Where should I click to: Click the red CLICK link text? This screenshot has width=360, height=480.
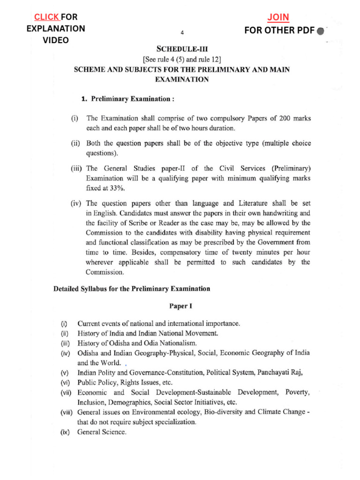coord(46,17)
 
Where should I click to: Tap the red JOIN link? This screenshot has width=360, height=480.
coord(278,18)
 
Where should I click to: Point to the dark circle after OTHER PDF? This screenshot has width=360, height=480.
coord(320,31)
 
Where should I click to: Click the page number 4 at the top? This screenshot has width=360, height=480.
coord(182,32)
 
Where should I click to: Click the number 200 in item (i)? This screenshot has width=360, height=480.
coord(286,118)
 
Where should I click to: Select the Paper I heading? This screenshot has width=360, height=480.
coord(181,306)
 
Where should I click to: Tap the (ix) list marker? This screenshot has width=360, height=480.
coord(65,432)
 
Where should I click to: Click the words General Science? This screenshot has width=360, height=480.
coord(102,432)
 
